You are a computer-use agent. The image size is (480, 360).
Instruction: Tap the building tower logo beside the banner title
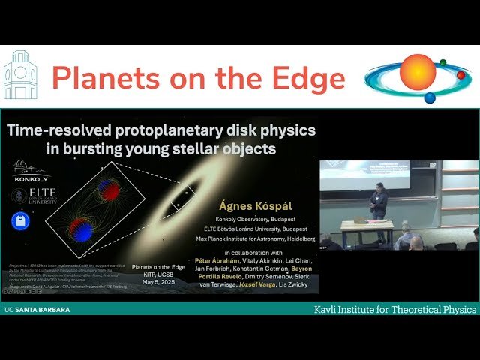pos(19,76)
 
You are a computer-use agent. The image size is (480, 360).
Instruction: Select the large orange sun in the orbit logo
pos(417,72)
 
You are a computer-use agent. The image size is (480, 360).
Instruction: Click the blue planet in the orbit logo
pos(430,97)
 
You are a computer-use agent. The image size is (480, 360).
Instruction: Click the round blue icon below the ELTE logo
pos(20,221)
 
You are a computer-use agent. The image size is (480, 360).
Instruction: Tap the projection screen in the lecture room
pos(365,174)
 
